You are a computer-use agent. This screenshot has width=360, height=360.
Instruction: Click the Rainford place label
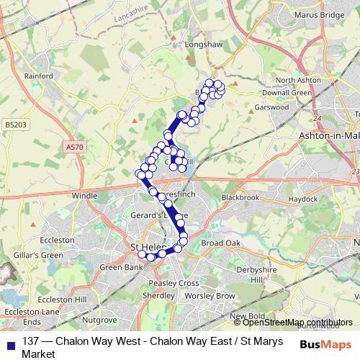point(38,76)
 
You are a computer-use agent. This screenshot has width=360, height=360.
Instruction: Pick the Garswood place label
point(271,107)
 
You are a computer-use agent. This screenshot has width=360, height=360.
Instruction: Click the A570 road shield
point(73,147)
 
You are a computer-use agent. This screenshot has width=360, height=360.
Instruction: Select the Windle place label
point(84,195)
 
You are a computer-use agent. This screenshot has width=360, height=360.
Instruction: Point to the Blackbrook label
point(240,197)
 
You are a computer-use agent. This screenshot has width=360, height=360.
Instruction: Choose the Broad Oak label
point(220,243)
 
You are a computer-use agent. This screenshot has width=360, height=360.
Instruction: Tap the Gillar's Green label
point(42,255)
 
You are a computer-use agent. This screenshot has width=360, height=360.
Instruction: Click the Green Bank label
point(116,268)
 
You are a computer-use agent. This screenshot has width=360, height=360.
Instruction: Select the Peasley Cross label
point(173,283)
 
